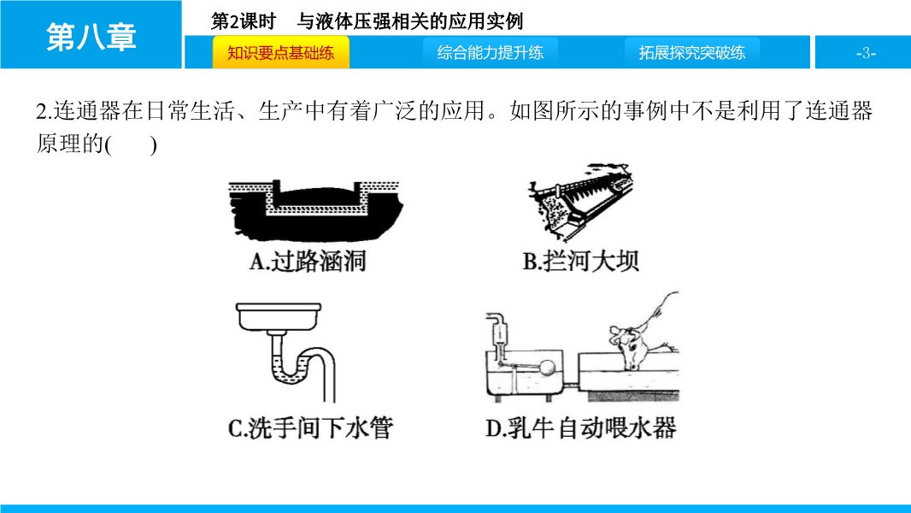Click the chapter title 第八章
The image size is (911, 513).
pyautogui.click(x=91, y=37)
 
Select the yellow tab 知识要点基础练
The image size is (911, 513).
pyautogui.click(x=280, y=53)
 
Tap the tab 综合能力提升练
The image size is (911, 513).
pyautogui.click(x=491, y=53)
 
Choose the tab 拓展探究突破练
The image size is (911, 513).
pyautogui.click(x=692, y=53)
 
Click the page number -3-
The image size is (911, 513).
pyautogui.click(x=866, y=54)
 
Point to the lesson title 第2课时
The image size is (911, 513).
pyautogui.click(x=243, y=21)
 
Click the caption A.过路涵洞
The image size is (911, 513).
pyautogui.click(x=308, y=262)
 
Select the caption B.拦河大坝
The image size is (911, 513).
pyautogui.click(x=580, y=262)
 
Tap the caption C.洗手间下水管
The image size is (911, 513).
pyautogui.click(x=310, y=428)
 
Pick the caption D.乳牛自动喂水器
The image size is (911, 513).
pyautogui.click(x=581, y=428)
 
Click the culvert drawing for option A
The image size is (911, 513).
pyautogui.click(x=314, y=209)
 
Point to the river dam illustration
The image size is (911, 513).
pyautogui.click(x=579, y=201)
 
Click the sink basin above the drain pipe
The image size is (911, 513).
pyautogui.click(x=279, y=316)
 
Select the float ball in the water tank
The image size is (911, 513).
pyautogui.click(x=547, y=368)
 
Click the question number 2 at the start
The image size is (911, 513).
pyautogui.click(x=41, y=111)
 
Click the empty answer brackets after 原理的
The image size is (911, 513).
pyautogui.click(x=132, y=144)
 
